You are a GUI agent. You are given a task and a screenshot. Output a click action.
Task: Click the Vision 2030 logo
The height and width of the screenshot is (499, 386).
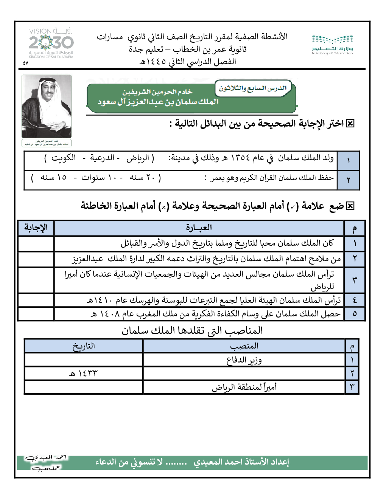(51, 43)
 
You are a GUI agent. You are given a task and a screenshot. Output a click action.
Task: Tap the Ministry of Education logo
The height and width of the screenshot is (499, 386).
(332, 45)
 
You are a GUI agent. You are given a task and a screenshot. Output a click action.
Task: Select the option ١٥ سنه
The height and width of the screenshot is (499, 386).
(53, 177)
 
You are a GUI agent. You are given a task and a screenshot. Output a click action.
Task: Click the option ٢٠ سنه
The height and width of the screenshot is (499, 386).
(141, 177)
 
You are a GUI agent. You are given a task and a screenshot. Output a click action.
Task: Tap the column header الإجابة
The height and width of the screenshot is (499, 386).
(36, 228)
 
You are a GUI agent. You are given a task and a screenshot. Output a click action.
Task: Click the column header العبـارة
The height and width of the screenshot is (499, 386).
(199, 228)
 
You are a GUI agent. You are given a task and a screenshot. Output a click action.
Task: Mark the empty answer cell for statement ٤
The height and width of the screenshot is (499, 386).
(36, 300)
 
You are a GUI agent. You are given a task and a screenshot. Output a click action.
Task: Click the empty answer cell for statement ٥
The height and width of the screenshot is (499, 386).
(36, 314)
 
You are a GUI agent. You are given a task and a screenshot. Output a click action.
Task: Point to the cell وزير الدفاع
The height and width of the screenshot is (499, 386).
(244, 360)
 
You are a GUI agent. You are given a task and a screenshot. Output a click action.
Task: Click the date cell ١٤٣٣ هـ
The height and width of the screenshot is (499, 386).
(83, 373)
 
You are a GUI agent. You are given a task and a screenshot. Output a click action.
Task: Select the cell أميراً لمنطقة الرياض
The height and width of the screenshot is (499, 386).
(244, 387)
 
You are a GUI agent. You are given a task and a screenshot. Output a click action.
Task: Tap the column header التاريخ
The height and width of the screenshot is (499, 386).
(84, 346)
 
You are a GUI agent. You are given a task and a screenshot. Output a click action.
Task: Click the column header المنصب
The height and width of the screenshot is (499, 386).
(244, 346)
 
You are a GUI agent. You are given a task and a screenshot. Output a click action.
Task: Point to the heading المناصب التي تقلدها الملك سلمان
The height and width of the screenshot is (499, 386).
(192, 330)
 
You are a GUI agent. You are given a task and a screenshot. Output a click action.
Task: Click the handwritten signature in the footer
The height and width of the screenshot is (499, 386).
(46, 462)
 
